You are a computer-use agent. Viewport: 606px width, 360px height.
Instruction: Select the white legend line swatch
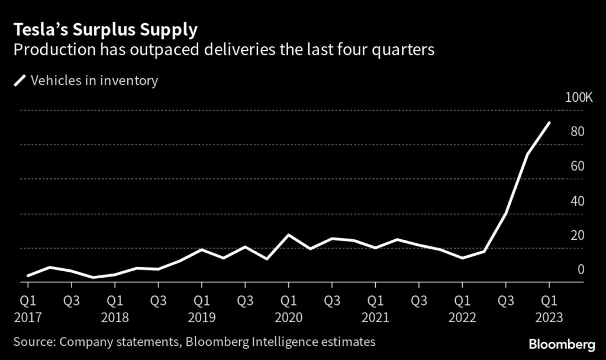click(x=20, y=81)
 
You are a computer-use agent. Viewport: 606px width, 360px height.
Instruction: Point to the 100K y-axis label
click(x=578, y=97)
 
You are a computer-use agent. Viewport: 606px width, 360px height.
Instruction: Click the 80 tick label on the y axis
click(x=578, y=131)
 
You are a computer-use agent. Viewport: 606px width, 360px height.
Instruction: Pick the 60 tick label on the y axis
click(x=578, y=166)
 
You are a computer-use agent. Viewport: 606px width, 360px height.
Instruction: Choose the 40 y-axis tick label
click(x=578, y=201)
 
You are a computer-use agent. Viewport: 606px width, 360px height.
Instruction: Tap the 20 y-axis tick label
click(x=578, y=235)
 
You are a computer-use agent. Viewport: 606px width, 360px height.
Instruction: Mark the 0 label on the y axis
click(x=581, y=269)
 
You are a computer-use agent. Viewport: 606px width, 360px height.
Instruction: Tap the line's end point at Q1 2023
click(x=550, y=123)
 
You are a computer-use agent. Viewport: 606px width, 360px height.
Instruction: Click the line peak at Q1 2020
click(x=288, y=235)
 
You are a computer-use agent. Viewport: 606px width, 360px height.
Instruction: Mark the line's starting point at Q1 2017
click(x=27, y=276)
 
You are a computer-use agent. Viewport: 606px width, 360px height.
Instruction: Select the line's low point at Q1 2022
click(x=462, y=258)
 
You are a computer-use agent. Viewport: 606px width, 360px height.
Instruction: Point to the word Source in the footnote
click(x=32, y=342)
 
